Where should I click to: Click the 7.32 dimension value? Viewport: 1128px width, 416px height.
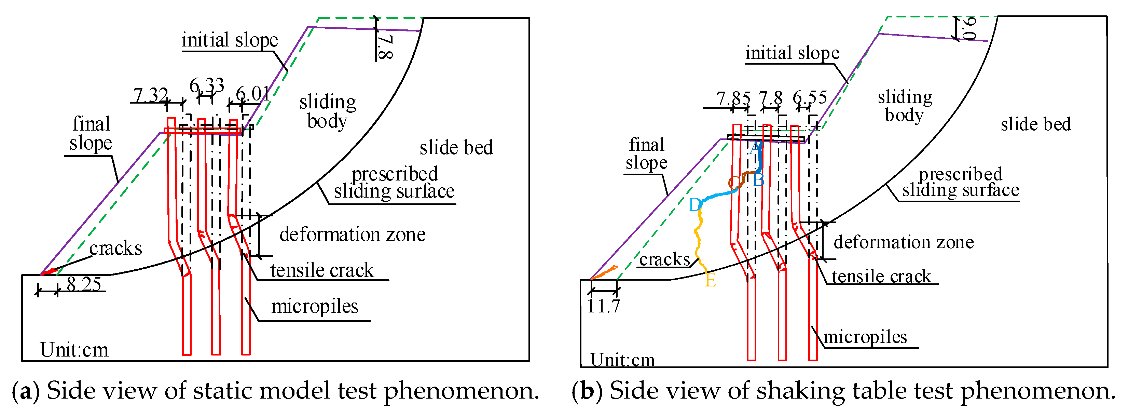(x=150, y=95)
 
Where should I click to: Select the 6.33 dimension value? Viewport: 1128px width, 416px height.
(x=207, y=85)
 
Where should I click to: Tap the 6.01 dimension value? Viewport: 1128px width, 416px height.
(x=253, y=93)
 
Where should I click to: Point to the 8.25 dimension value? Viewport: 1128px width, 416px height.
(x=84, y=284)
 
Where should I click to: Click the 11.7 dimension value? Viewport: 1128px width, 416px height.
(x=603, y=306)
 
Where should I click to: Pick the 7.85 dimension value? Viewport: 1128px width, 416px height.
(x=733, y=98)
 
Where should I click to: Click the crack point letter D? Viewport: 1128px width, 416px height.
(x=694, y=205)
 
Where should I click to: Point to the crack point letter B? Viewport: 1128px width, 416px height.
(x=758, y=180)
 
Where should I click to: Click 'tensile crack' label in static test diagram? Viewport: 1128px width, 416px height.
(x=322, y=270)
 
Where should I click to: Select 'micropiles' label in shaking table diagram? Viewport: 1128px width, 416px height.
(x=865, y=337)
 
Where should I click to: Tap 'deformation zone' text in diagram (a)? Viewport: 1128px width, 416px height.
(x=353, y=234)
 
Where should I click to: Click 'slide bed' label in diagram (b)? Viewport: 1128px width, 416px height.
(x=1036, y=124)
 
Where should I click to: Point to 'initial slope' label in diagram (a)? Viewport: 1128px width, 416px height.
(x=230, y=40)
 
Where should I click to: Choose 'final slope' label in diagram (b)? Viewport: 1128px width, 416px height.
(x=646, y=153)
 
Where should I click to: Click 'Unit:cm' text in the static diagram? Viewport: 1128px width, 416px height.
(x=74, y=350)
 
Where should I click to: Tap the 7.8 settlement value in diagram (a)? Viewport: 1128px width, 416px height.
(x=385, y=47)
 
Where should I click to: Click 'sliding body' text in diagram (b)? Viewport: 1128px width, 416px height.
(x=905, y=106)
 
